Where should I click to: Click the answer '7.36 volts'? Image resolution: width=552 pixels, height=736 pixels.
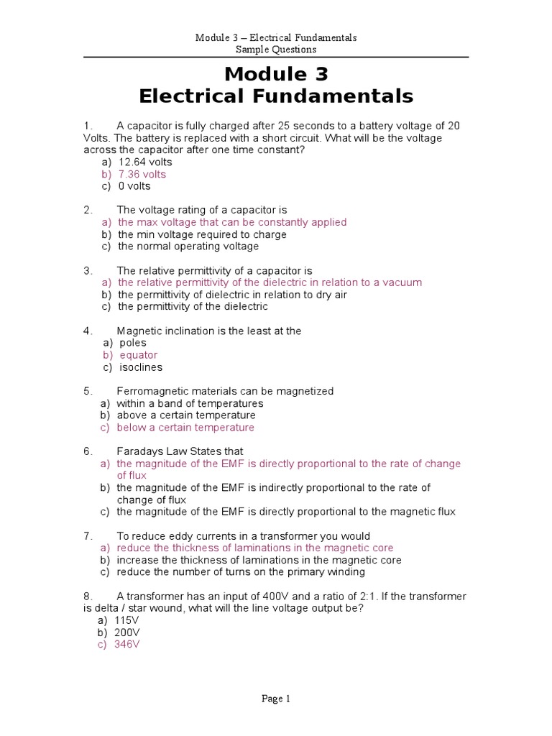pos(142,174)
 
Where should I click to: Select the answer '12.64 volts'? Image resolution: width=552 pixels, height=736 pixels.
pos(145,162)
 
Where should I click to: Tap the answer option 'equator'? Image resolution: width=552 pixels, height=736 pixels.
pos(138,355)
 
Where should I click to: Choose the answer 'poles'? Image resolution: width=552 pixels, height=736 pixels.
pos(132,343)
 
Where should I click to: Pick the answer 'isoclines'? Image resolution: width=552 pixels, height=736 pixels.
pos(141,367)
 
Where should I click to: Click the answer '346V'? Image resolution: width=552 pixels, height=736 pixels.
pos(126,645)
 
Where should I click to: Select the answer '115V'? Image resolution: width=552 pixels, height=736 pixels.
pos(126,620)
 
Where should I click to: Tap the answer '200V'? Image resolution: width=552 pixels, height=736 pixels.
pos(127,632)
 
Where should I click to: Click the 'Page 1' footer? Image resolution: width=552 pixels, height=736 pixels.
pos(276,698)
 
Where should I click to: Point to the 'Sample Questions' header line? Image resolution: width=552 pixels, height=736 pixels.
pos(276,50)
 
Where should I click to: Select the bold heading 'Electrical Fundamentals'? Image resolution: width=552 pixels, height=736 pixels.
pos(276,96)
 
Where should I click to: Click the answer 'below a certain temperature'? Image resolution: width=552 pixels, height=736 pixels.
pos(185,428)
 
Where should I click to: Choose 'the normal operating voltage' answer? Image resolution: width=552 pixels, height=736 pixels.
pos(188,247)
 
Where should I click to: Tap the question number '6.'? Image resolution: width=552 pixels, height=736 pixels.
pos(88,451)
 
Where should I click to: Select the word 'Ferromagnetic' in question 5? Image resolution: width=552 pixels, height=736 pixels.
pos(151,391)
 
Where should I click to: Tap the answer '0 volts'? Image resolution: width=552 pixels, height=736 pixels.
pos(134,186)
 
